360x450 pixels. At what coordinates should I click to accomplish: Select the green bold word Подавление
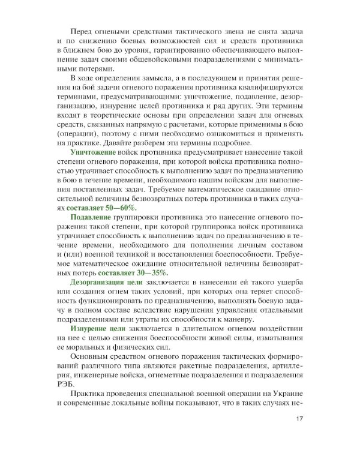[x=91, y=215]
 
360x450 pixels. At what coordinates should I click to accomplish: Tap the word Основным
[x=89, y=349]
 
